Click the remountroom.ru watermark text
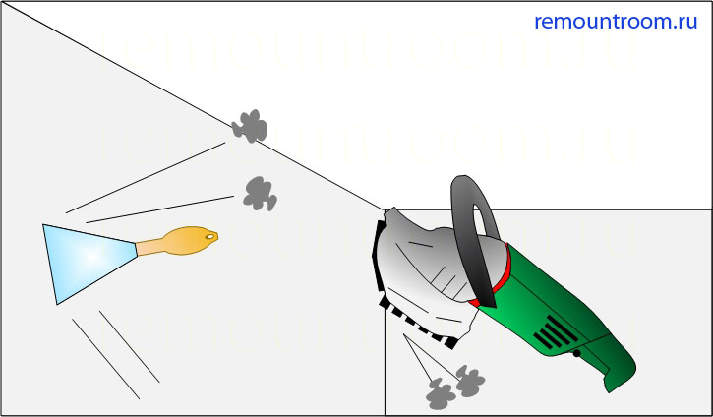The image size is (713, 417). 616,22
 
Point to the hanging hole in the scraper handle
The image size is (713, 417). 210,236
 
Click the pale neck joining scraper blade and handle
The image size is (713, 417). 150,248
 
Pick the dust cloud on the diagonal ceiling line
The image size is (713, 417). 249,126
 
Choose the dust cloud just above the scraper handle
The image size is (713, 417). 260,194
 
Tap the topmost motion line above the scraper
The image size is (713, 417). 145,178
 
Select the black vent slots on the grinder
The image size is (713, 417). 556,332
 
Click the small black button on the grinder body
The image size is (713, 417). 576,353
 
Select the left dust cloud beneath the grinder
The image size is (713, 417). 441,393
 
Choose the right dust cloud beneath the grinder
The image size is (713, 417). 470,381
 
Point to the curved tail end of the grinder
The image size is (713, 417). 621,375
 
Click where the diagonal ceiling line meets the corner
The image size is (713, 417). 385,209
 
